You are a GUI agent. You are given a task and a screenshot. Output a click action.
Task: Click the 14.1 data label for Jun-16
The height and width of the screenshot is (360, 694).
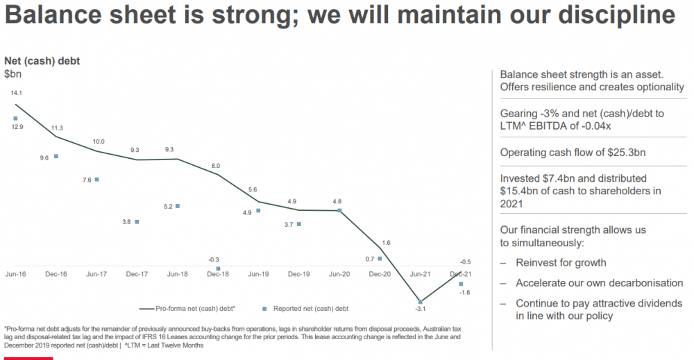(x=17, y=93)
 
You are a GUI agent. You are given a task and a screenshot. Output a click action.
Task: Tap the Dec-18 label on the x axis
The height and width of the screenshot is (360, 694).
(x=218, y=274)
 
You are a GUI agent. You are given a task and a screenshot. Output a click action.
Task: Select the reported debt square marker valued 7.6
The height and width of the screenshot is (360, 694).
(x=97, y=180)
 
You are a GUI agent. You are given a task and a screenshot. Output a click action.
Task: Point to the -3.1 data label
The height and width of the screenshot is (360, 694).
(x=420, y=309)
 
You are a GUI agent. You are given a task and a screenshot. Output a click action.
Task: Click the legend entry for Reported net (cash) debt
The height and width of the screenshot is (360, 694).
(x=306, y=309)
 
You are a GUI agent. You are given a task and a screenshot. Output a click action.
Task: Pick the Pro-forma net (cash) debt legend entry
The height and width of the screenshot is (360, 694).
(x=187, y=309)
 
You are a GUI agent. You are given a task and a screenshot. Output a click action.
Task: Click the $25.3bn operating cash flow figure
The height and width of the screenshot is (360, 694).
(x=627, y=153)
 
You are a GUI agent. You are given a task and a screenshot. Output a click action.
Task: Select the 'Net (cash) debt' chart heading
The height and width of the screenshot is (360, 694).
(x=42, y=61)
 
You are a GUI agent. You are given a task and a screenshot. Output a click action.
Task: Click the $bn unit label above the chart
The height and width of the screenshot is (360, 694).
(x=12, y=74)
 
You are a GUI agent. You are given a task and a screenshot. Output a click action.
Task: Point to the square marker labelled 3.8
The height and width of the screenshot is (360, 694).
(x=137, y=221)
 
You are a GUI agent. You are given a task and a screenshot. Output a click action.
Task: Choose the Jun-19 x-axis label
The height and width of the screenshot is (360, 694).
(x=258, y=274)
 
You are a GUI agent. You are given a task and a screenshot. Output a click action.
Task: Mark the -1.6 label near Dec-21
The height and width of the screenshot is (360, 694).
(x=465, y=292)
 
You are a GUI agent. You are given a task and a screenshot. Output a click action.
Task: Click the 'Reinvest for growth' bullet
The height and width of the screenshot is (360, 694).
(x=561, y=263)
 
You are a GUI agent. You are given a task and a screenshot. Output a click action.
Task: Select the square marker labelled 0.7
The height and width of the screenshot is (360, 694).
(x=380, y=258)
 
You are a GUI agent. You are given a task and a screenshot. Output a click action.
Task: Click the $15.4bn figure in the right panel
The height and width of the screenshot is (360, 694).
(x=519, y=191)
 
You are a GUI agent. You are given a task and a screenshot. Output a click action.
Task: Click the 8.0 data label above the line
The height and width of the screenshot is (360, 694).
(x=216, y=166)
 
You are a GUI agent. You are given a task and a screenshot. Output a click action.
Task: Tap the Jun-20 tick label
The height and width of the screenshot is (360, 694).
(x=339, y=274)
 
